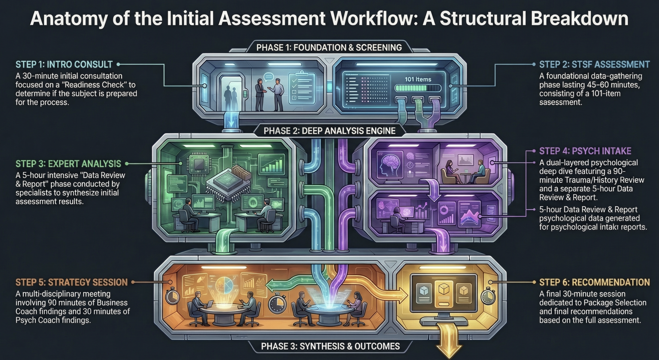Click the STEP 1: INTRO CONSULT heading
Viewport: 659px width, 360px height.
coord(64,64)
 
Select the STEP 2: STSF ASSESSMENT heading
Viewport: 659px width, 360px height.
coord(594,64)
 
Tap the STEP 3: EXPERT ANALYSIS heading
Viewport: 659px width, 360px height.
coord(68,164)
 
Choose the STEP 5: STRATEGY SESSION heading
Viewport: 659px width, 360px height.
coord(72,282)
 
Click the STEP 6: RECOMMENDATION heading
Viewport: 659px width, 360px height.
coord(594,282)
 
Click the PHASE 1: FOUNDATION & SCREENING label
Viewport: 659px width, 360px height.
coord(329,47)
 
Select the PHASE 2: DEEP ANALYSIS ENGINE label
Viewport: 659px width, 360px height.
coord(329,131)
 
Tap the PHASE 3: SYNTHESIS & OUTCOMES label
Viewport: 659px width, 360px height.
coord(330,346)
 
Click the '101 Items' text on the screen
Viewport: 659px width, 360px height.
coord(418,79)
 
